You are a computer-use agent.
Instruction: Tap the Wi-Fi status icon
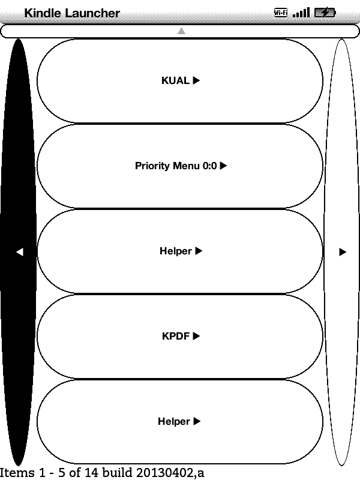pos(280,12)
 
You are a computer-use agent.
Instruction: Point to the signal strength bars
pos(301,12)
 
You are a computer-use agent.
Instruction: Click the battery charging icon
pos(325,12)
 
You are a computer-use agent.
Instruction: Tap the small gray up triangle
pos(181,31)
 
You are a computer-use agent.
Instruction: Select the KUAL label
pos(175,81)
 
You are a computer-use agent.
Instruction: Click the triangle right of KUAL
pos(196,81)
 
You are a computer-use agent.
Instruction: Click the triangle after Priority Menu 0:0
pos(224,166)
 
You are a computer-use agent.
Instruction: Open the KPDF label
pos(176,337)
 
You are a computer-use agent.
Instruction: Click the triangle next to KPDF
pos(196,337)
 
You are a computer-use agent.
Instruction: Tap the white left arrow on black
pos(19,252)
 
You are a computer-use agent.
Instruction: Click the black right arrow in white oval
pos(343,252)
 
